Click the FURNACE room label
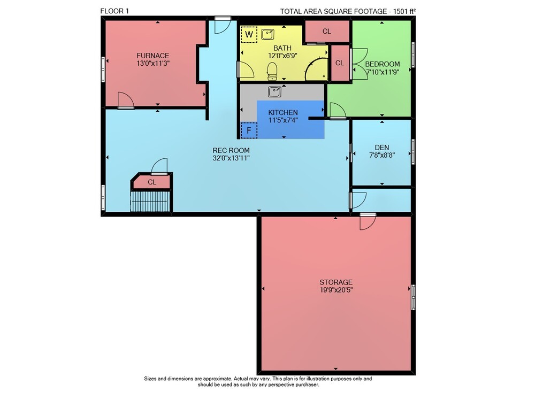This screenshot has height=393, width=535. [153, 55]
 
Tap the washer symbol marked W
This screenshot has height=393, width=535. [249, 34]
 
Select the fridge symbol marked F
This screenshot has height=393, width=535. [249, 130]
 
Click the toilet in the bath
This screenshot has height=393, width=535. [272, 71]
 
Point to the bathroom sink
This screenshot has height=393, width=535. [268, 34]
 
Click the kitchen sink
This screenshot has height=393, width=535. [274, 91]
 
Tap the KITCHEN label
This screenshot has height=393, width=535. [283, 112]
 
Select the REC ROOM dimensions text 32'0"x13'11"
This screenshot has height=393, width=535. [231, 158]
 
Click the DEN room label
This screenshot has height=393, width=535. [382, 148]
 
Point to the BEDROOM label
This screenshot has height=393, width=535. [383, 64]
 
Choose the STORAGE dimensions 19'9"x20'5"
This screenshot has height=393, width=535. [336, 290]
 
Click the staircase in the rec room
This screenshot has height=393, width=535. [150, 202]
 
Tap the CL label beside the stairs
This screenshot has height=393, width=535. [152, 182]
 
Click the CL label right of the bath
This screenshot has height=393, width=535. [340, 63]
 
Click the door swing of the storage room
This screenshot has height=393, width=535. [368, 222]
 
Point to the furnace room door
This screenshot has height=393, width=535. [126, 101]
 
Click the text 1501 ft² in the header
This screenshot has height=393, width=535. [404, 11]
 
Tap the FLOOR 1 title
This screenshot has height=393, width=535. [114, 11]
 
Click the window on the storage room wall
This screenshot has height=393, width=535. [413, 297]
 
